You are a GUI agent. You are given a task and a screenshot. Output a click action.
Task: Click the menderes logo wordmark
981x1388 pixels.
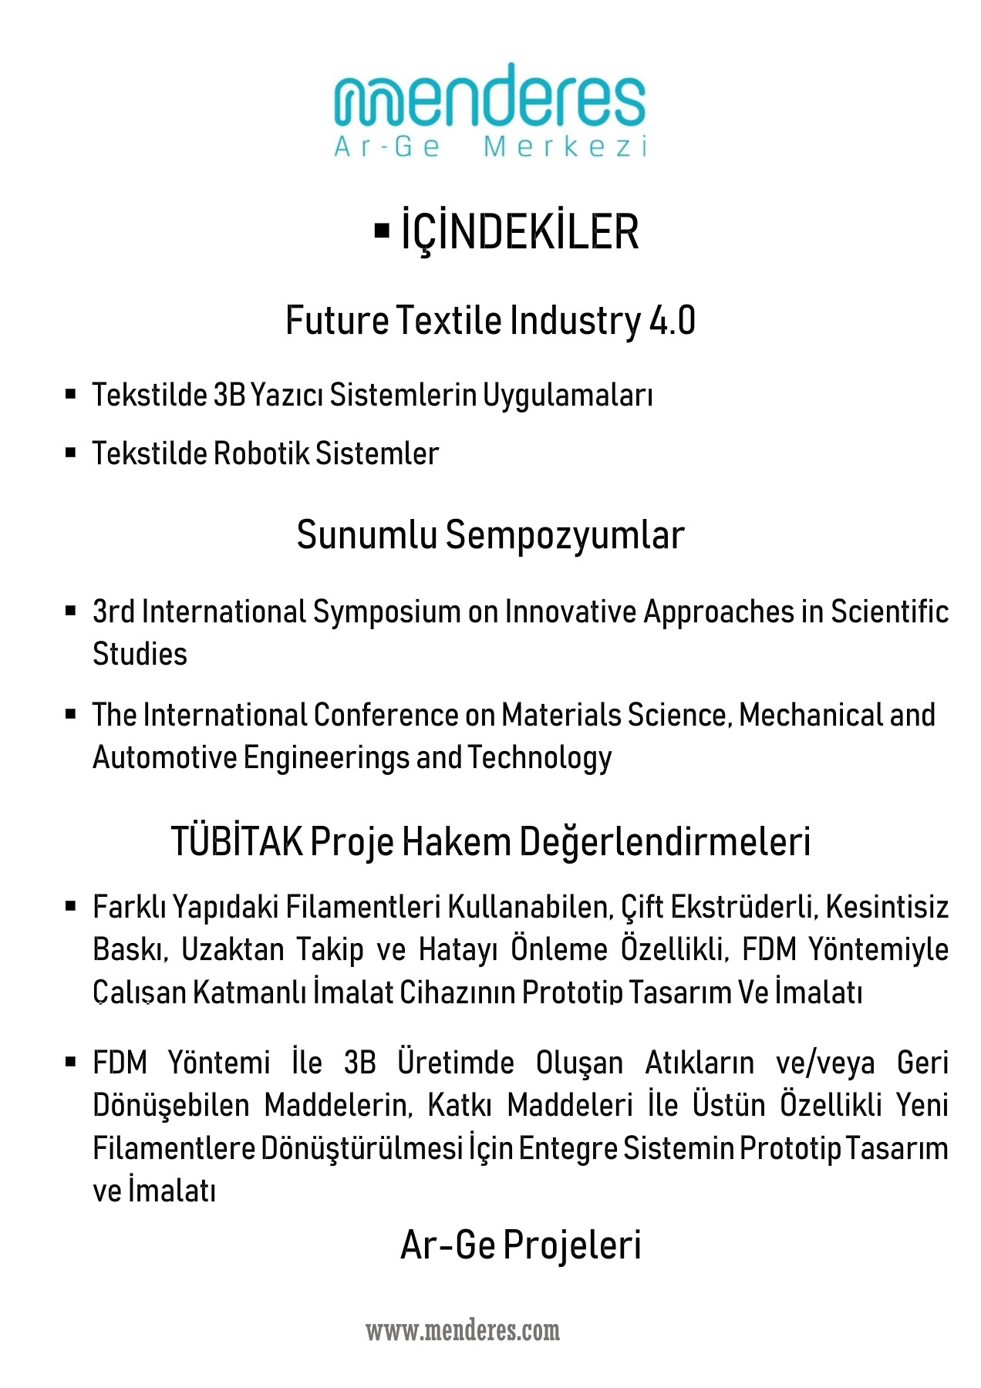(x=490, y=98)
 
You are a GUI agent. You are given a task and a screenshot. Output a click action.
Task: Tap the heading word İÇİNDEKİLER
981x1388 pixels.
(x=520, y=231)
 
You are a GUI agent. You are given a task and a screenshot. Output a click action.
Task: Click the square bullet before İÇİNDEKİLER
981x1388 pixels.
(x=381, y=230)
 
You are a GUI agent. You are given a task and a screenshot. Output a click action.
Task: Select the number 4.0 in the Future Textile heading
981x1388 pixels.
(x=672, y=321)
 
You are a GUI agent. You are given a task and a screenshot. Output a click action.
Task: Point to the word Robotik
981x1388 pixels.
(x=261, y=453)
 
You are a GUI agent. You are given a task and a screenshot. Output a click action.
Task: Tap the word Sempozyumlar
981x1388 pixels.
(x=565, y=535)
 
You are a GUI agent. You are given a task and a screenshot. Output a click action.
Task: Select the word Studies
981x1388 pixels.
(x=140, y=654)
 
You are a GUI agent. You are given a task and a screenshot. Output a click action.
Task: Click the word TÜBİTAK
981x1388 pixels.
(x=237, y=841)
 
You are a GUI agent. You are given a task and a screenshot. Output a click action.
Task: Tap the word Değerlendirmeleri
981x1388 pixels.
(x=664, y=841)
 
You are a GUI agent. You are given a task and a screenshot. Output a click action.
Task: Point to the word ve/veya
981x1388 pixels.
(x=825, y=1063)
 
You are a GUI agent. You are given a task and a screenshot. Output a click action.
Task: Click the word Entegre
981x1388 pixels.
(x=568, y=1149)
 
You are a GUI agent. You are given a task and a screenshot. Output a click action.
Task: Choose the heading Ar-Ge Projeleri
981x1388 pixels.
(x=521, y=1245)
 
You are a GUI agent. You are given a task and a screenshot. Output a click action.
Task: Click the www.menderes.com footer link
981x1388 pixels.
(x=463, y=1331)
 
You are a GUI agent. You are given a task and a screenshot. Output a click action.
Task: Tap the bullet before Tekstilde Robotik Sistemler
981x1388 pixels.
(x=71, y=453)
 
